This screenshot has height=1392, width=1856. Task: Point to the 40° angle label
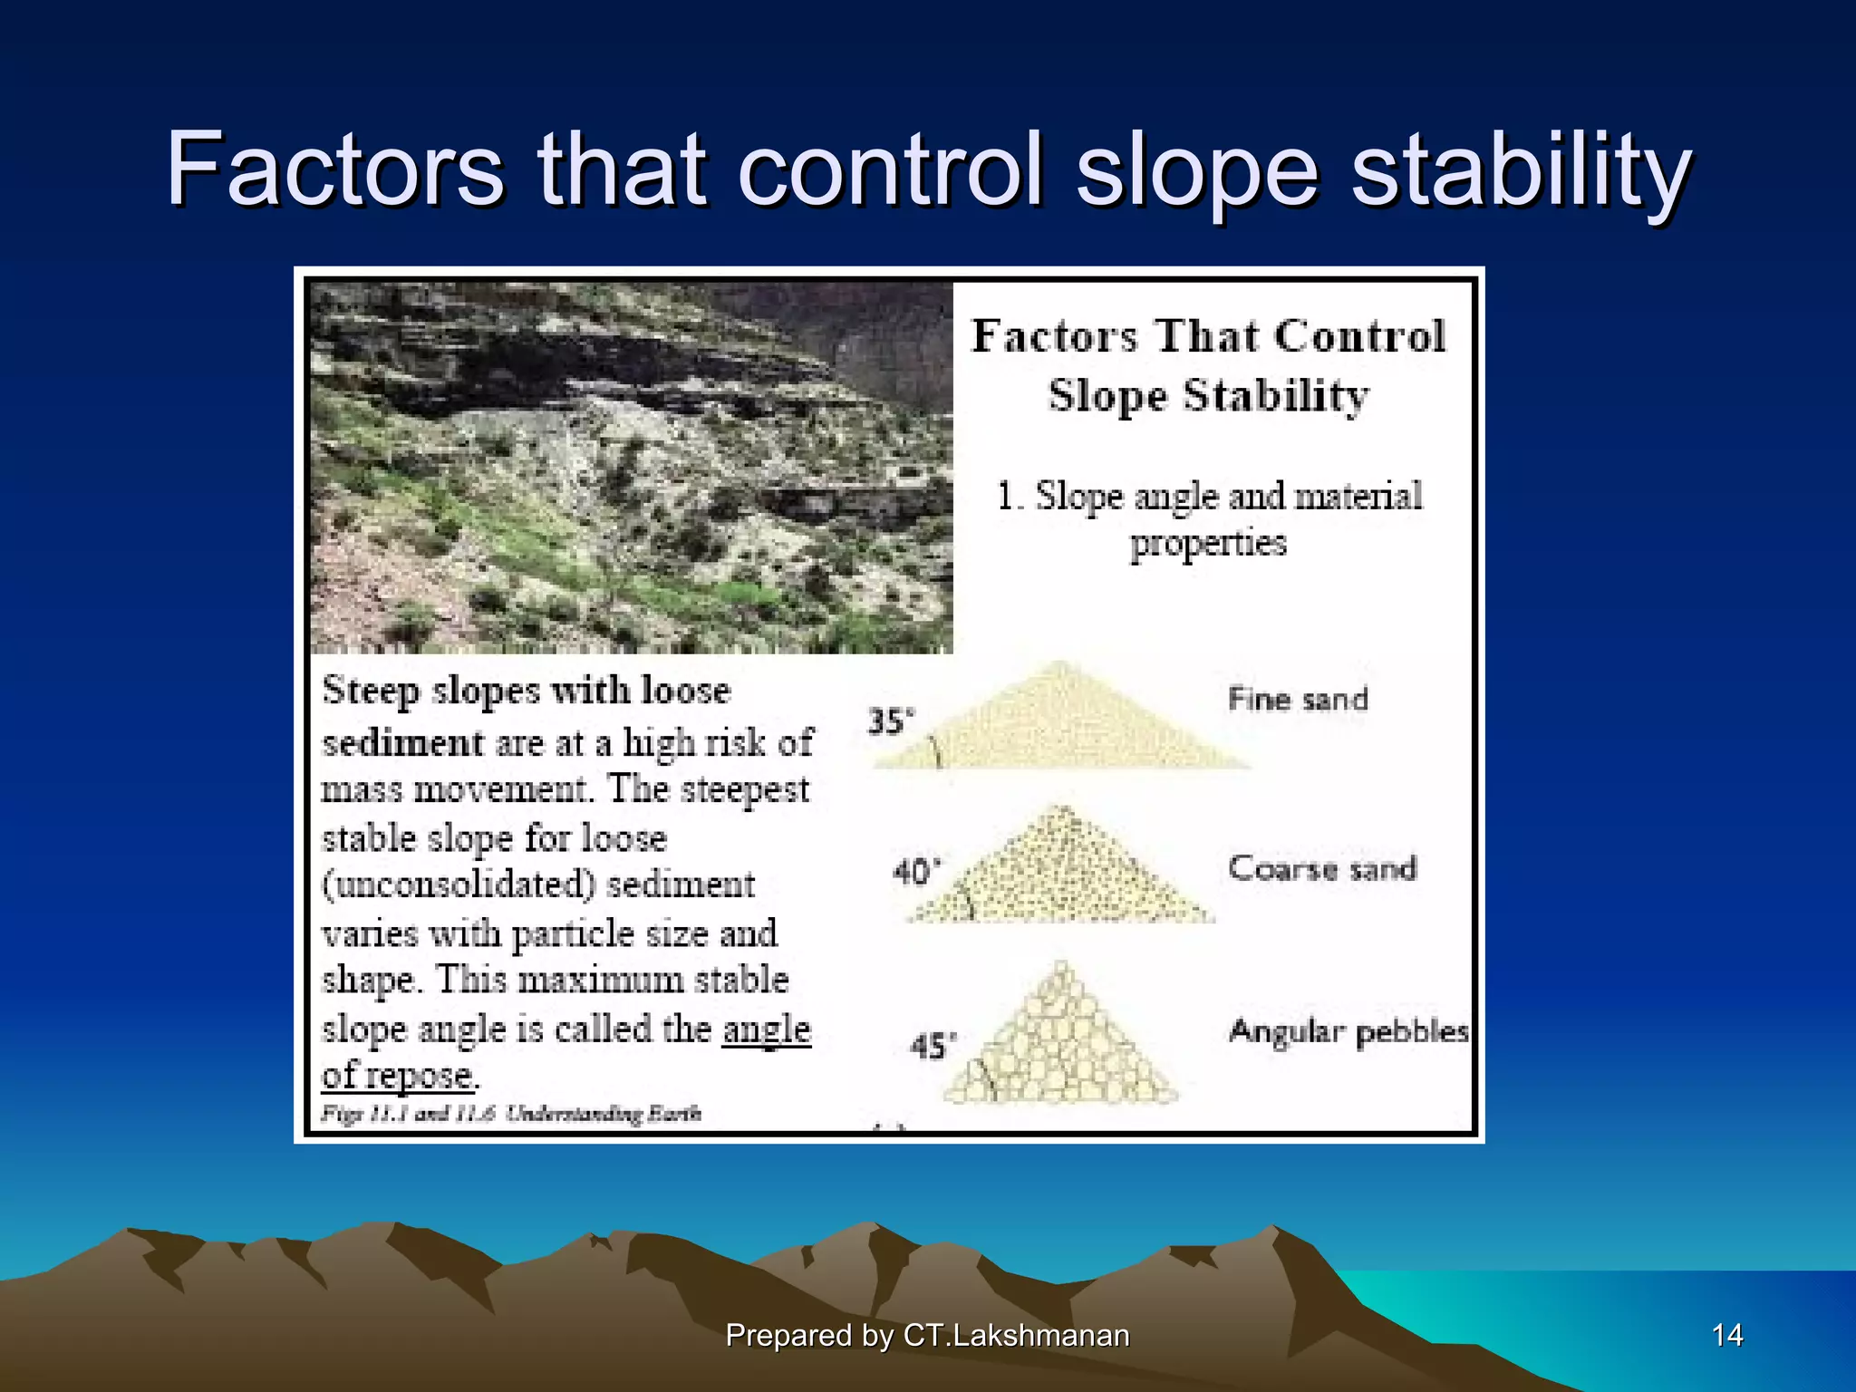coord(916,872)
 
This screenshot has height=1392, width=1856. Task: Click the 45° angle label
coord(933,1046)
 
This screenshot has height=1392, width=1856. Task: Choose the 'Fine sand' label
coord(1297,699)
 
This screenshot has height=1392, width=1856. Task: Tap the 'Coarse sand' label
coord(1321,868)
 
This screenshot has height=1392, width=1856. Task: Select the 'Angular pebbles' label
coord(1348,1031)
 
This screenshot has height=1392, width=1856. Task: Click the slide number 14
coord(1727,1335)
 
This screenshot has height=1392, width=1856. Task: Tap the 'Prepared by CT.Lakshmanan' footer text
coord(927,1335)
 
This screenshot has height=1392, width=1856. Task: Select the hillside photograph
coord(631,468)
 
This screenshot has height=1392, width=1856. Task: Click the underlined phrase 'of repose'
coord(397,1076)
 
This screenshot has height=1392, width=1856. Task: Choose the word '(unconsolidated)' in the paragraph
coord(458,884)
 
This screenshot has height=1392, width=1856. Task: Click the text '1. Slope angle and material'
coord(1209,496)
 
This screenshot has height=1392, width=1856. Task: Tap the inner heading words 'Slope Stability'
coord(1208,396)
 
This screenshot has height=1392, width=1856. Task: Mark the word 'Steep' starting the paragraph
coord(371,691)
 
